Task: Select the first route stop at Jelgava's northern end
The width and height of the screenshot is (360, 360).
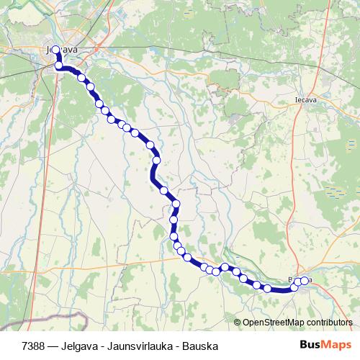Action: pos(56,50)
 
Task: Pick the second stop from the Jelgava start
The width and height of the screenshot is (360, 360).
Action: pos(59,66)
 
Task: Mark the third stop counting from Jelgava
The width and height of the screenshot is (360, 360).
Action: pos(81,78)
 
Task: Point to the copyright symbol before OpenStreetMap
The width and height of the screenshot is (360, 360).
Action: pos(238,323)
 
